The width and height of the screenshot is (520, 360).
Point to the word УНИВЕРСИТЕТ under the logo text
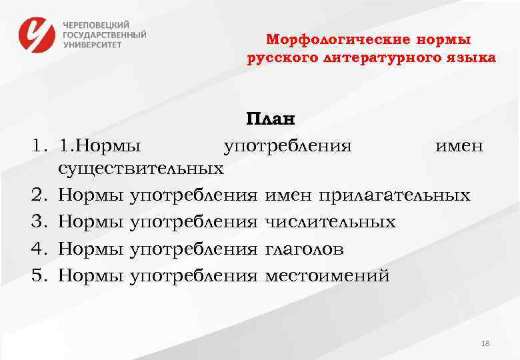(x=93, y=45)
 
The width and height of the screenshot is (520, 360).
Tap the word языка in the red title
(x=472, y=58)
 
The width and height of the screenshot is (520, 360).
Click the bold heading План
(x=269, y=119)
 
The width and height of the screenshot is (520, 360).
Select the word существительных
(x=141, y=169)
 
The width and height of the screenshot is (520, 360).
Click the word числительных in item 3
(x=330, y=222)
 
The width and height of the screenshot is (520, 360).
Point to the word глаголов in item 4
(x=305, y=249)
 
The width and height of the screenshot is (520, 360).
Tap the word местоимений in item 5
(x=327, y=275)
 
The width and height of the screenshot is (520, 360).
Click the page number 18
(x=485, y=343)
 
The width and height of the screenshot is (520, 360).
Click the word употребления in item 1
(x=287, y=145)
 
